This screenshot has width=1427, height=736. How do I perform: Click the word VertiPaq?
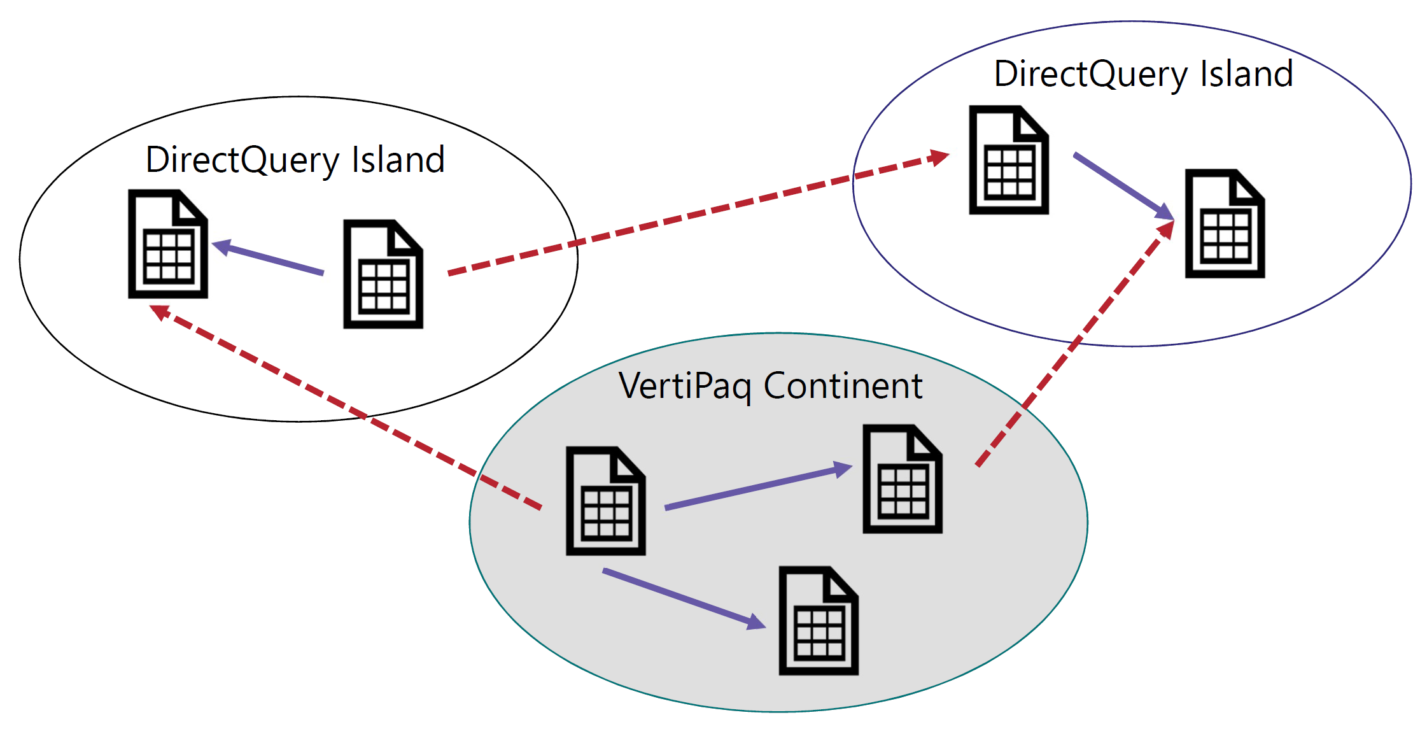click(x=684, y=386)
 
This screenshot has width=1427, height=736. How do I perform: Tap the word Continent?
click(x=843, y=386)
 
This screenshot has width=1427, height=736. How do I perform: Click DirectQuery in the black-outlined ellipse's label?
click(x=243, y=160)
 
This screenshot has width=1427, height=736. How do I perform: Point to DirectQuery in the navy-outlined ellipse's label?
click(x=1090, y=74)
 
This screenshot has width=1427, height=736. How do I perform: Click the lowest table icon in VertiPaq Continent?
click(x=819, y=621)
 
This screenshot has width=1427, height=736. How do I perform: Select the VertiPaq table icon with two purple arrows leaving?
click(x=606, y=501)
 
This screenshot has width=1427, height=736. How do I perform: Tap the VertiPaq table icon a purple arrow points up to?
click(x=903, y=479)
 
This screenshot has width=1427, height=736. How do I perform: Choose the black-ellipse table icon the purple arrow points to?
click(x=168, y=244)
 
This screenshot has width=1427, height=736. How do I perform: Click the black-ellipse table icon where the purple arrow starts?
click(x=383, y=274)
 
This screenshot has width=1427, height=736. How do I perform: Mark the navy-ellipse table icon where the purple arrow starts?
click(x=1009, y=160)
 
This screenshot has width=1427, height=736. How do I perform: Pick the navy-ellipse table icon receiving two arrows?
click(x=1225, y=223)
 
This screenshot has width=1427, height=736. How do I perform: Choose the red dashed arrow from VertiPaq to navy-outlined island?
click(x=1076, y=344)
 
